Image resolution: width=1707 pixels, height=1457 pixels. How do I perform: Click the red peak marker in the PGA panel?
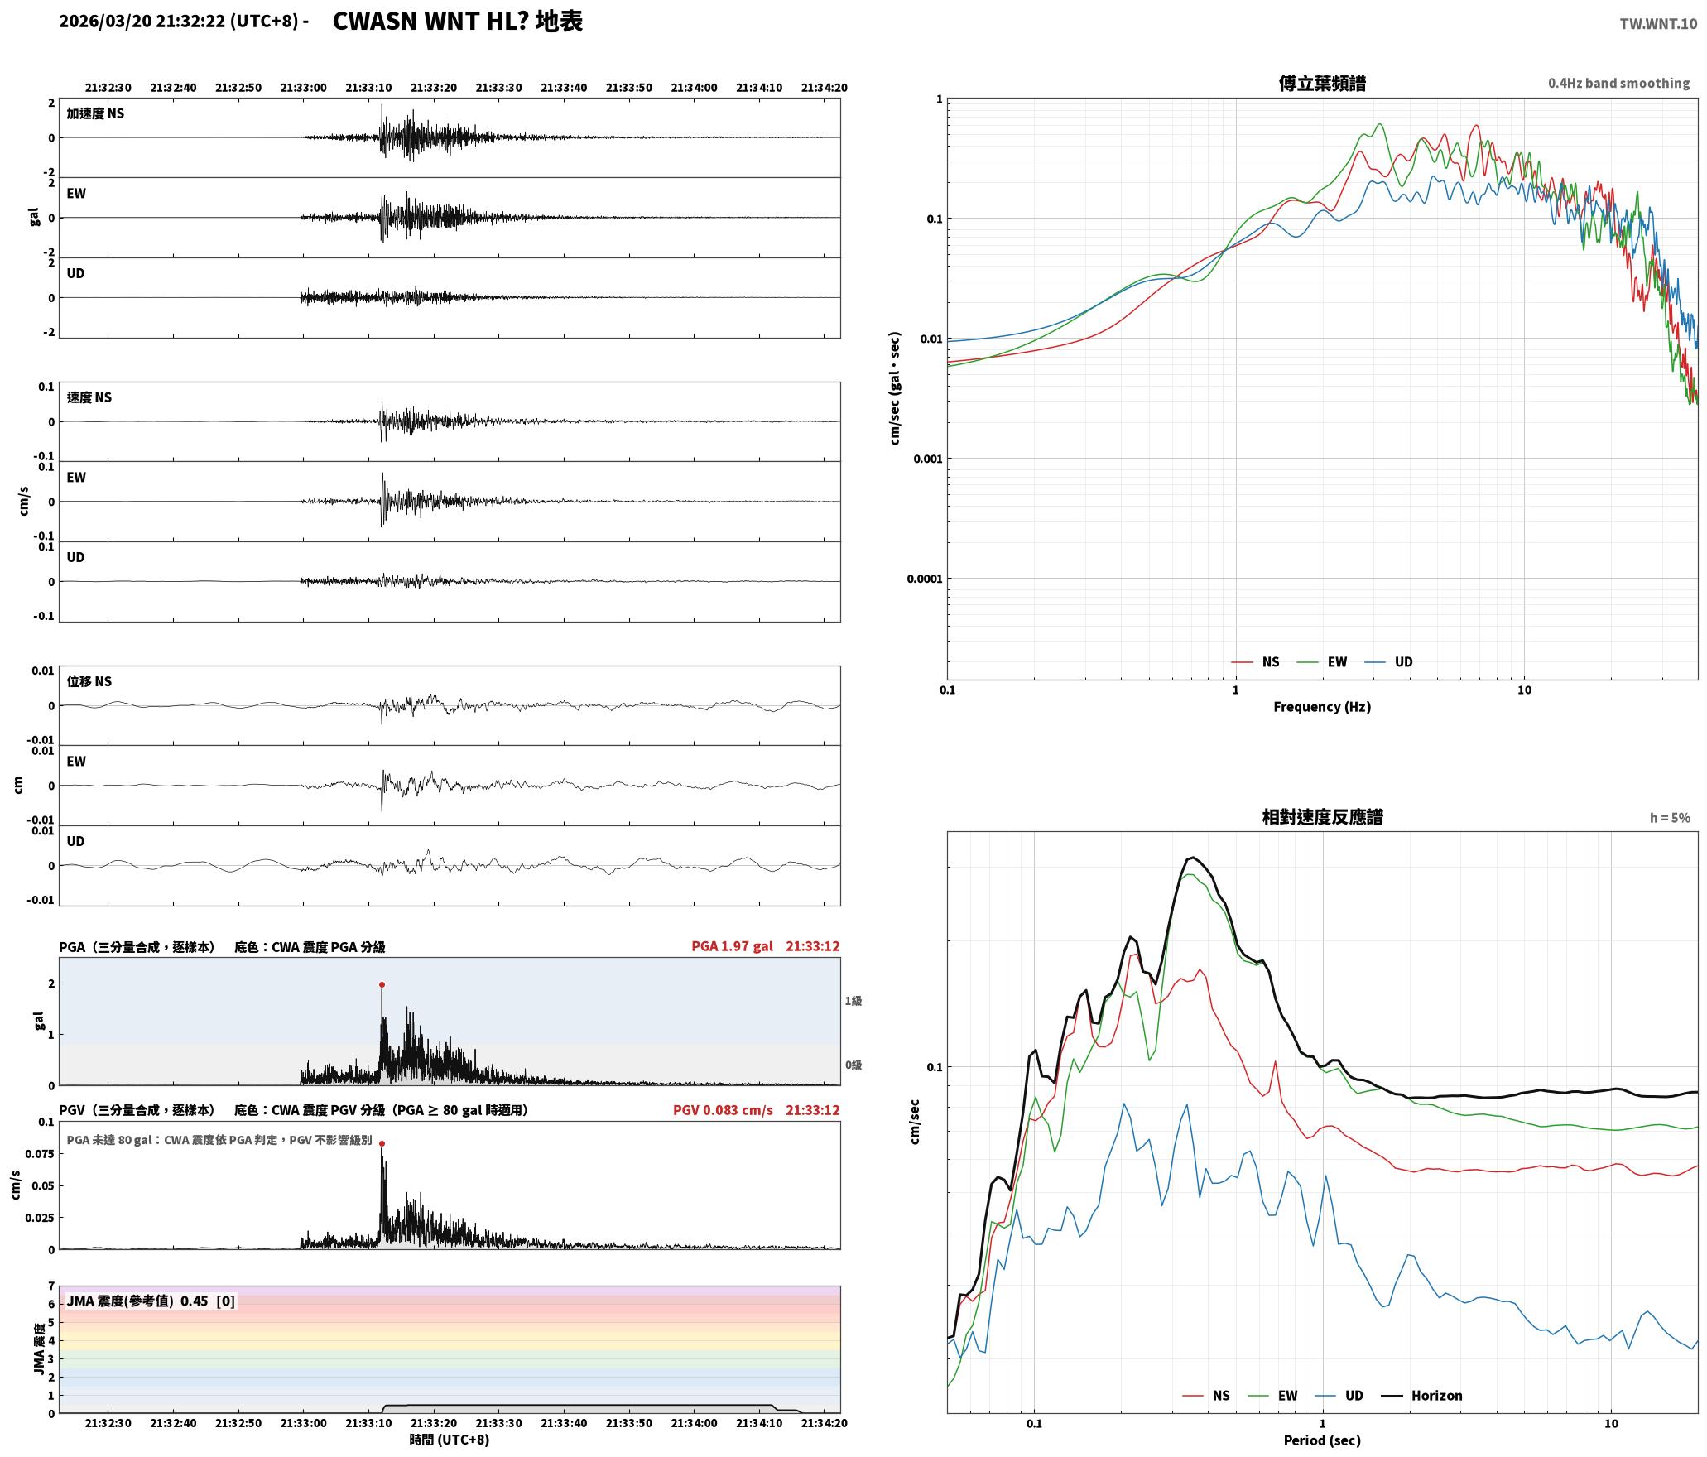click(382, 984)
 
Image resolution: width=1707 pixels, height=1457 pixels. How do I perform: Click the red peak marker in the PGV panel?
click(382, 1143)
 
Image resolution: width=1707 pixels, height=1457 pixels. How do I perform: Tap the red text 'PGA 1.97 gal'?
click(732, 946)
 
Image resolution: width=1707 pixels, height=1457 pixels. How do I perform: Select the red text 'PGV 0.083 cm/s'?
click(723, 1110)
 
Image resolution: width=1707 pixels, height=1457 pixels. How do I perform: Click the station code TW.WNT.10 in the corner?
click(1658, 24)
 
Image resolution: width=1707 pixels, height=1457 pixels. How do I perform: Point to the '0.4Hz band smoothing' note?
click(1618, 83)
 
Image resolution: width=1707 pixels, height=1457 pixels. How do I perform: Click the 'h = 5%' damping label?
click(1670, 818)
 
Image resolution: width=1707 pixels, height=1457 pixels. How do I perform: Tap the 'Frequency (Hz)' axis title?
click(1322, 707)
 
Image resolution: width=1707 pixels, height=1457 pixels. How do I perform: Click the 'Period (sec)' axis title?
click(1322, 1440)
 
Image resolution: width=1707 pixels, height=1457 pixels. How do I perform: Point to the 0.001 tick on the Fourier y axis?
click(928, 459)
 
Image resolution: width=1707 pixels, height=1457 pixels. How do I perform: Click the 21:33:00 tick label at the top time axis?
click(303, 88)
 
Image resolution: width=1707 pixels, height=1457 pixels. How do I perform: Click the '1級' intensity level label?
click(853, 1001)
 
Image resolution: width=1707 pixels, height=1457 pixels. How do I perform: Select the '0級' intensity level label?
click(853, 1065)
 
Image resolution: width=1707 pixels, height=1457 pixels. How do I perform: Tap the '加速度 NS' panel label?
click(95, 113)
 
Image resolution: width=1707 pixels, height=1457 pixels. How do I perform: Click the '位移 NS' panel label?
click(89, 681)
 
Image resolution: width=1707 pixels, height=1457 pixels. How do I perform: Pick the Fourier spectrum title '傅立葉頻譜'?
click(1322, 84)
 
